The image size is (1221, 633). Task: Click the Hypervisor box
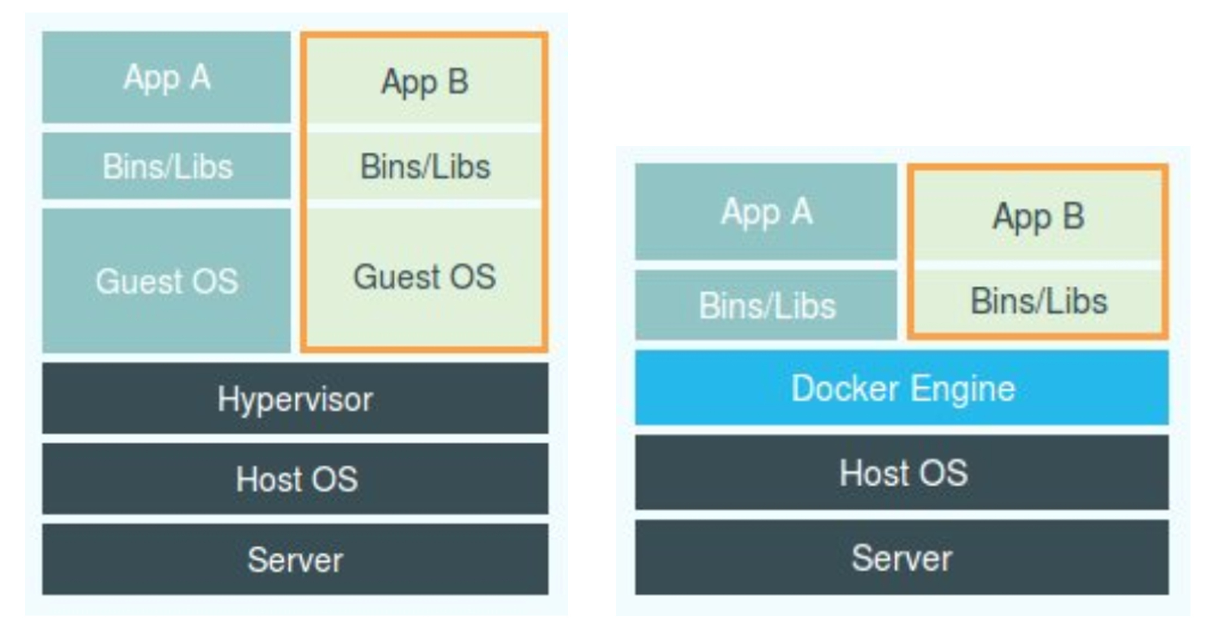coord(295,398)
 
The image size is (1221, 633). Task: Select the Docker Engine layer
coord(902,388)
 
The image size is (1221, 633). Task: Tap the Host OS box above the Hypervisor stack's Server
coord(295,478)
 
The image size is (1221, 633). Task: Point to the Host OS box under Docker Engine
coord(902,472)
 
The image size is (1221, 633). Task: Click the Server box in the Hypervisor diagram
coord(295,559)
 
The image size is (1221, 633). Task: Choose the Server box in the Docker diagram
coord(902,557)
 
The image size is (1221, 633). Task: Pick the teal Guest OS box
coord(167,281)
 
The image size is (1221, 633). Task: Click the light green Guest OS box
coord(424,276)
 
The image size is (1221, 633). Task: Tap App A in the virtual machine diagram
coord(167,77)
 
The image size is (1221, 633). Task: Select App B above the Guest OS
coord(424,82)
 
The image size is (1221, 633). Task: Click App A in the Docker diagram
coord(766,211)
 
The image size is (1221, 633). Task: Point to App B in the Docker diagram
coord(1038,216)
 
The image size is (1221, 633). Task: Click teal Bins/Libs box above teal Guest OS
coord(167,166)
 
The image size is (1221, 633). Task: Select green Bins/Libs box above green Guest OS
coord(424,166)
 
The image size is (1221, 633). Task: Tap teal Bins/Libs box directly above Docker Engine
coord(766,305)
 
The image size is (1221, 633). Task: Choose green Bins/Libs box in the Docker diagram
coord(1038,301)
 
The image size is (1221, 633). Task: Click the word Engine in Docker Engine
coord(963,389)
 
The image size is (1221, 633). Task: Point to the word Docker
coord(844,389)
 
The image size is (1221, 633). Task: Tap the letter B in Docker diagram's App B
coord(1073,216)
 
